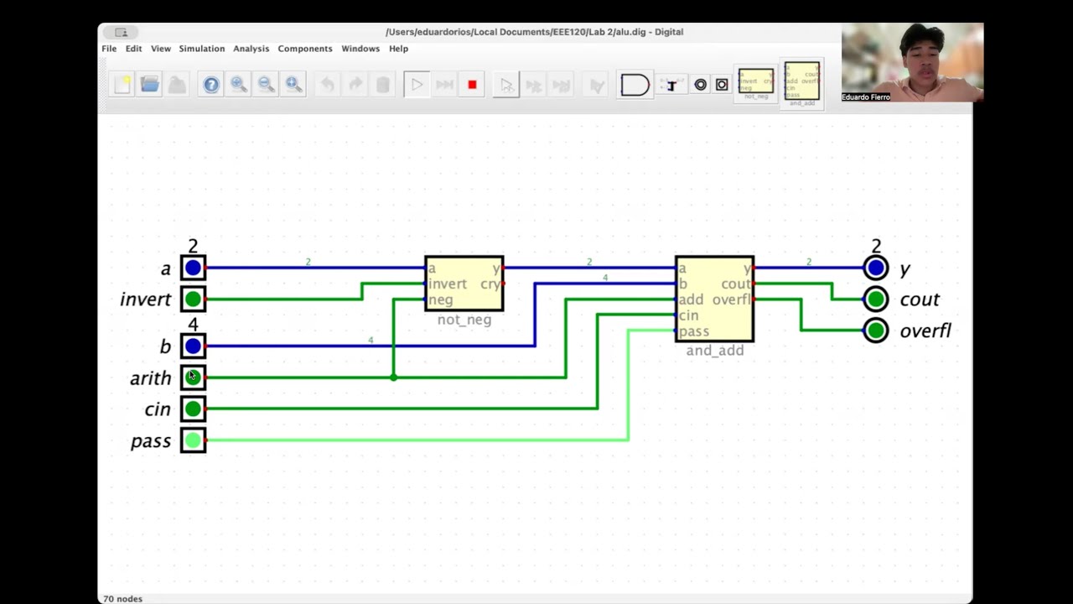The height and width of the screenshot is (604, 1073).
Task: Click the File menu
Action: tap(109, 49)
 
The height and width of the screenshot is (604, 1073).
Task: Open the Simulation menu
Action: tap(201, 49)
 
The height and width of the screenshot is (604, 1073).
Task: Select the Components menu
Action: tap(305, 49)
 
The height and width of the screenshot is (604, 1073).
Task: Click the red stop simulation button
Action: tap(472, 85)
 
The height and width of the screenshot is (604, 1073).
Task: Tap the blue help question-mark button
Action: tap(211, 85)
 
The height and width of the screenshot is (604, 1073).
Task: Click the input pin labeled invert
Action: tap(193, 299)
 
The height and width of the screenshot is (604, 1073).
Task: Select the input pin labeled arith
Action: tap(193, 377)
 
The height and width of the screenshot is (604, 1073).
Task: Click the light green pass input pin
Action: tap(193, 440)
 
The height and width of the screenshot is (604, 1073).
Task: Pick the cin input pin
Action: tap(193, 409)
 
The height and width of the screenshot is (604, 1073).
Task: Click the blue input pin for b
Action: tap(193, 346)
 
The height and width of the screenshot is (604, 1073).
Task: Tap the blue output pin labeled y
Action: tap(876, 268)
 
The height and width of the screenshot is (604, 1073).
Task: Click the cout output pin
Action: tap(876, 299)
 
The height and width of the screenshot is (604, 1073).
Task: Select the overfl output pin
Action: tap(876, 331)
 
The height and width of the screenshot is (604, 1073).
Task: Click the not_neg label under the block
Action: tap(464, 320)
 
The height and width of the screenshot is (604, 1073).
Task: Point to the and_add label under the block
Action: tap(714, 351)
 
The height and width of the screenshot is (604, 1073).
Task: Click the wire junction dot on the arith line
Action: tap(393, 377)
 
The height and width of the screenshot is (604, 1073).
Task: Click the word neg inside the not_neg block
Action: tap(441, 299)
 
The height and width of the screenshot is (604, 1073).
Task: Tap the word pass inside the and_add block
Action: tap(694, 331)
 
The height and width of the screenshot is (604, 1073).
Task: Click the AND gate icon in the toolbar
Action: tap(635, 85)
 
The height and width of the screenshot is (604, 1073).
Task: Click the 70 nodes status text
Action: tap(123, 598)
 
